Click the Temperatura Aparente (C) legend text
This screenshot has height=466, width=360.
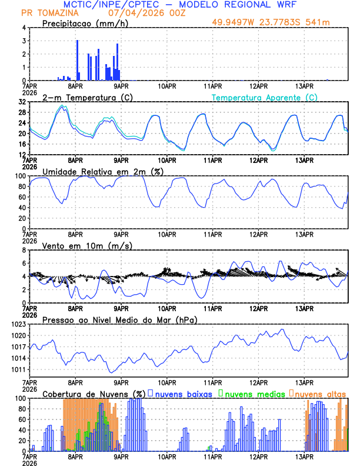coord(265,97)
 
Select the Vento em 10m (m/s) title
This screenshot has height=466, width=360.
coord(87,245)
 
